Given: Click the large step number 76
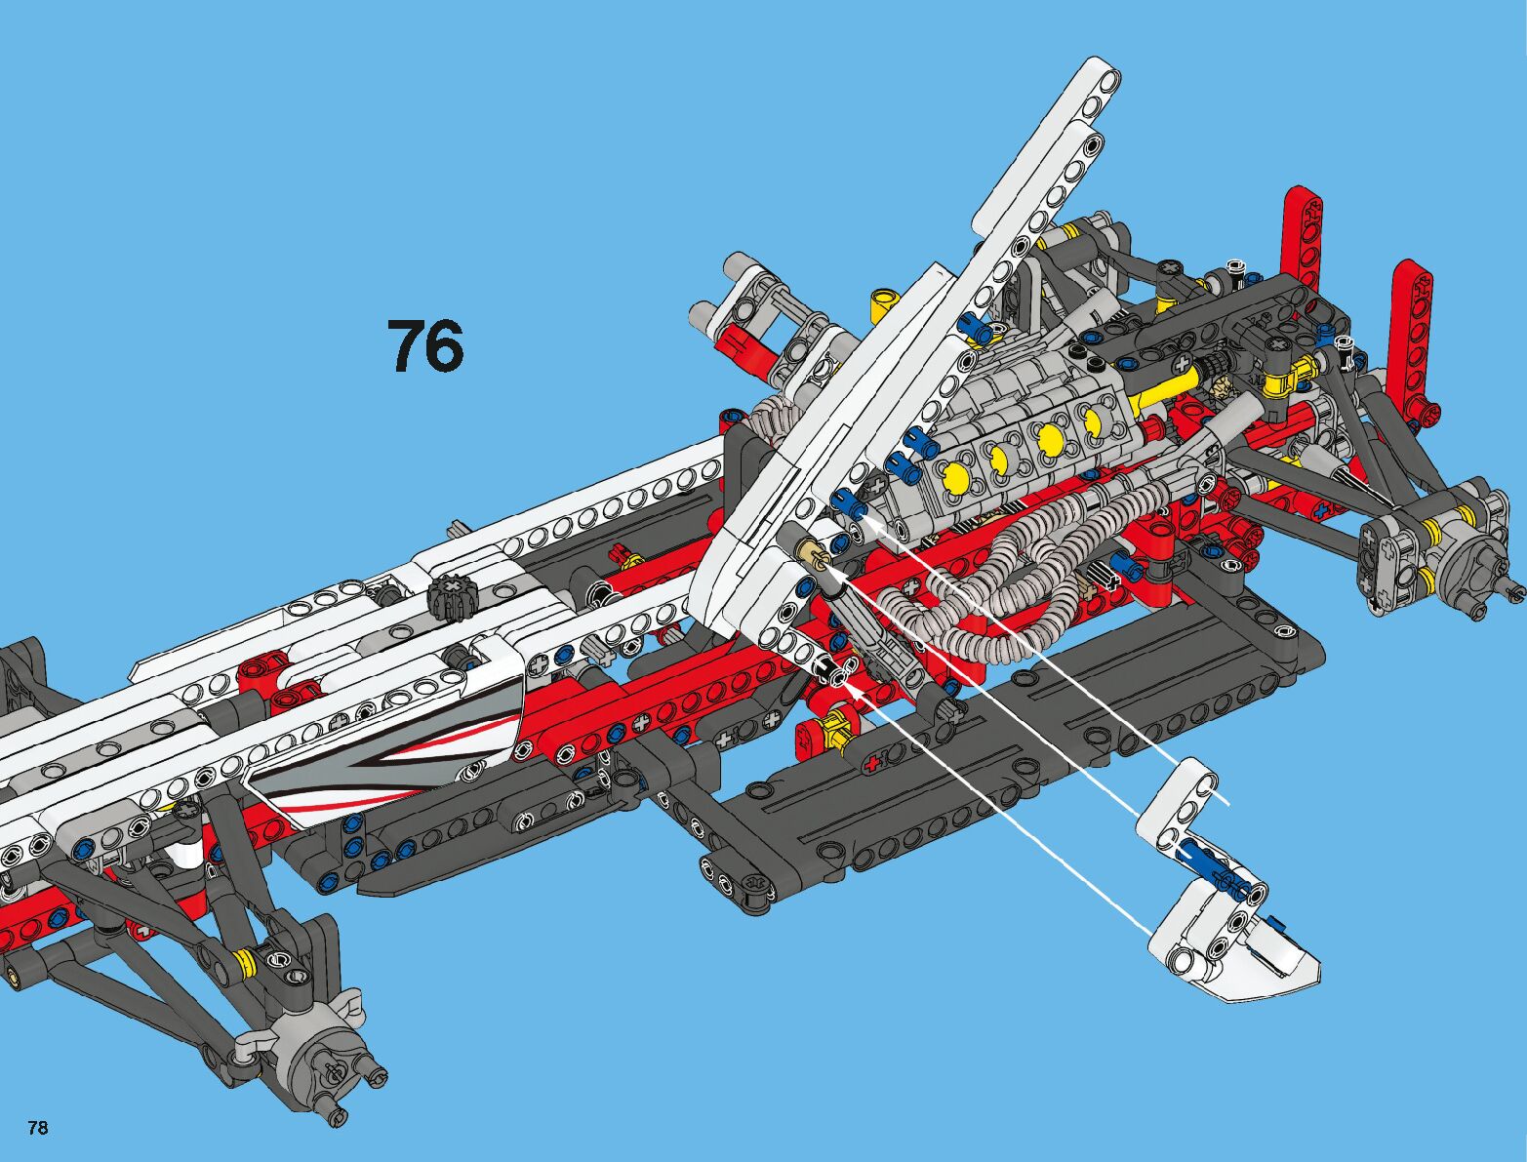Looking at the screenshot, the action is click(425, 346).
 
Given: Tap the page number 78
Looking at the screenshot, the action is click(38, 1129).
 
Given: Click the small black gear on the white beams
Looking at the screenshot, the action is click(450, 595).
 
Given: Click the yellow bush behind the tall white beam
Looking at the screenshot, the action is click(884, 301).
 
